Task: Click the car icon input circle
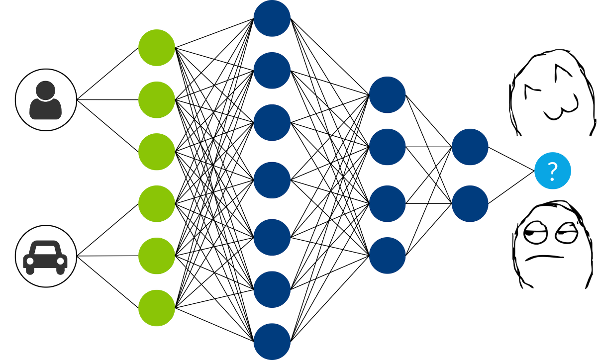point(46,257)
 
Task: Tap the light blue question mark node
point(552,172)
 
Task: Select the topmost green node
point(157,48)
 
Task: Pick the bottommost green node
point(157,308)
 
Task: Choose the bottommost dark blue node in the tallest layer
point(272,342)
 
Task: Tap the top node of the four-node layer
point(388,94)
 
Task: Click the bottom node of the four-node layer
point(388,255)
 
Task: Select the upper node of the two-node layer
point(470,147)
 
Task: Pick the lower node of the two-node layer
point(470,203)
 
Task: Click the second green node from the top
point(157,100)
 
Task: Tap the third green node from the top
point(157,152)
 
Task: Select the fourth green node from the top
point(157,204)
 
